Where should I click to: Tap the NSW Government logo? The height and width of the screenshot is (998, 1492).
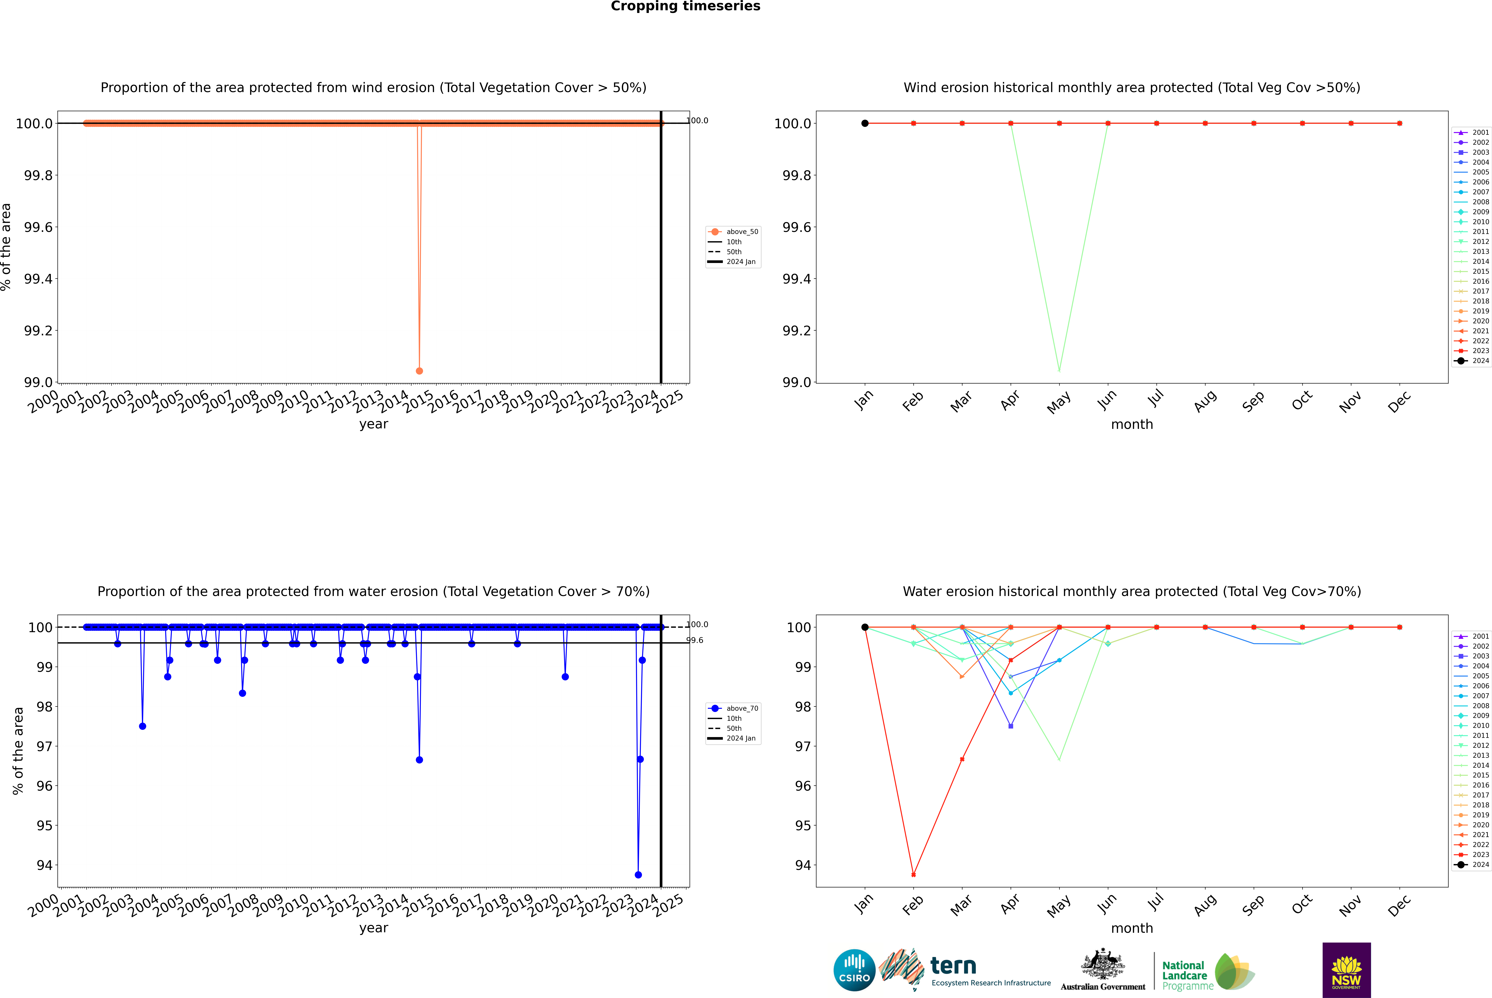coord(1346,970)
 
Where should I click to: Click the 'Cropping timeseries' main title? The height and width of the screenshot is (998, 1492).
coord(685,6)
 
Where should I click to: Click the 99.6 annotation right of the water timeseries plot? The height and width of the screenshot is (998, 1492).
coord(695,640)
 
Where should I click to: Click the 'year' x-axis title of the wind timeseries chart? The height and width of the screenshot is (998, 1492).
coord(373,424)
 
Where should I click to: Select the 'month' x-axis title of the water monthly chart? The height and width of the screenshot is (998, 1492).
coord(1131,928)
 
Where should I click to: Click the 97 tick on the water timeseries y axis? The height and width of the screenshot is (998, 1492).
coord(45,746)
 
